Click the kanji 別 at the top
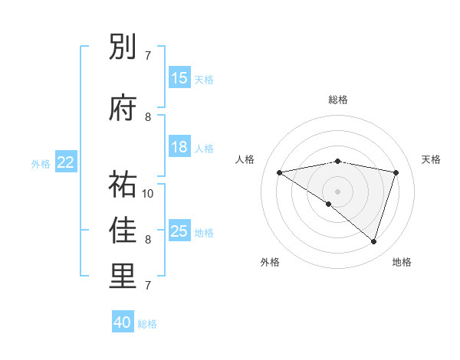click(x=123, y=47)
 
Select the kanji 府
click(x=123, y=108)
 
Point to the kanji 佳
click(x=123, y=231)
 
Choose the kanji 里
click(x=123, y=277)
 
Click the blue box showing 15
click(x=179, y=78)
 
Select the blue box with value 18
click(x=179, y=147)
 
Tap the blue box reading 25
click(x=179, y=231)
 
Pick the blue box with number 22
click(x=66, y=162)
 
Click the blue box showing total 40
click(x=123, y=322)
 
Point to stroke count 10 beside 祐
click(x=149, y=193)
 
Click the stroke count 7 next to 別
click(x=148, y=56)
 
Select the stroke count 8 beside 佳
click(x=148, y=240)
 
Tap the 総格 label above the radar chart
click(x=338, y=100)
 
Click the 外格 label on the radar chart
click(x=270, y=263)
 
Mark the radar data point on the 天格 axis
click(x=396, y=172)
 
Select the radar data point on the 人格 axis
click(x=279, y=172)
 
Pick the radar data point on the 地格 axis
click(x=374, y=242)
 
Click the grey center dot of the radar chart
click(x=338, y=191)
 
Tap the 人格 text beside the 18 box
click(x=204, y=148)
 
